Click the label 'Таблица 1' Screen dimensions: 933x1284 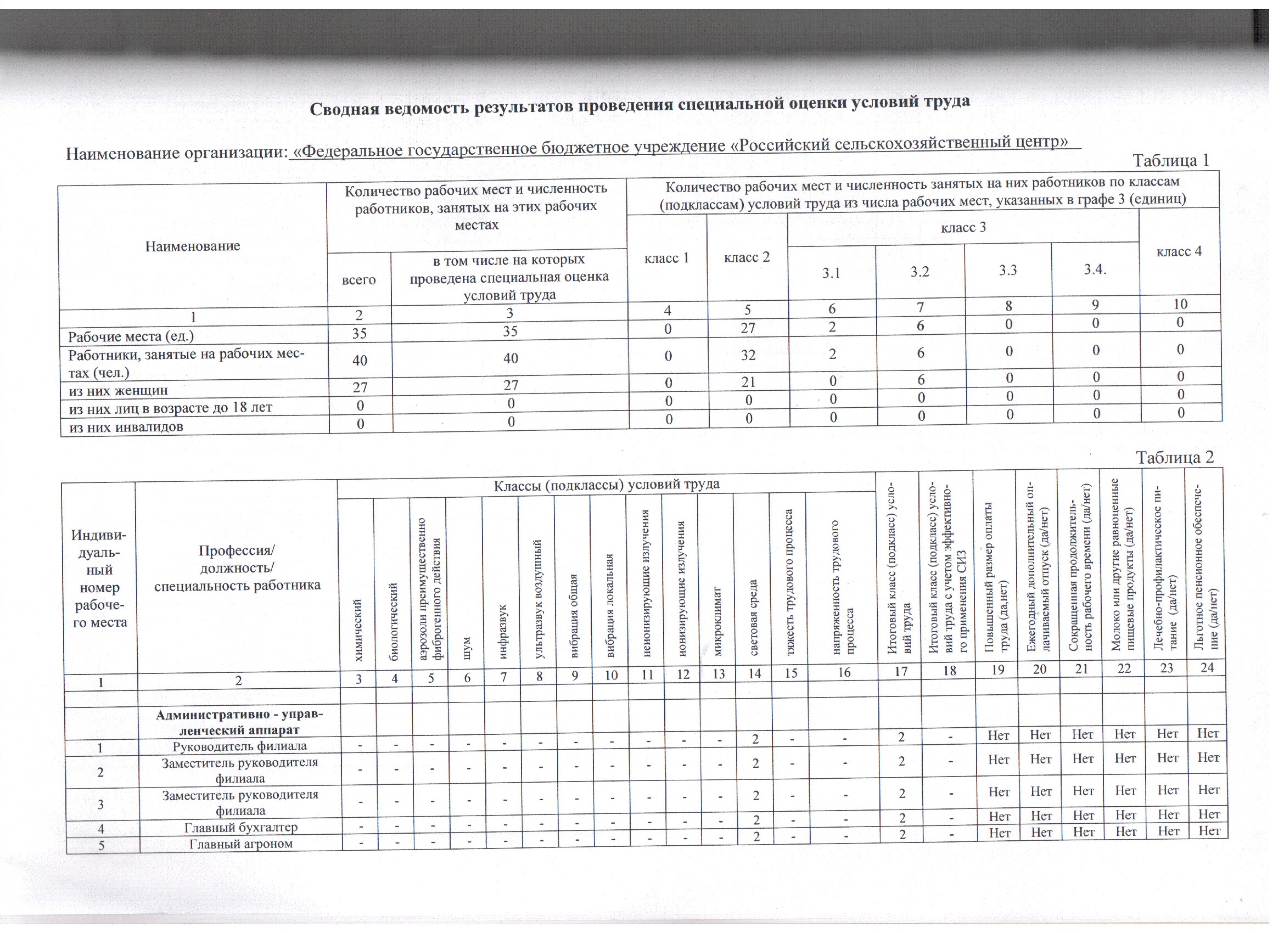[x=1170, y=161]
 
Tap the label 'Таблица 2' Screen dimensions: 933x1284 [x=1175, y=457]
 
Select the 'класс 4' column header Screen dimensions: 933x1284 [x=1179, y=251]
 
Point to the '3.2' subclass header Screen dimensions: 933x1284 [x=919, y=272]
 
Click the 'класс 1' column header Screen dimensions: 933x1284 [x=666, y=258]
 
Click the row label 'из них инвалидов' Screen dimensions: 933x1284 [x=126, y=427]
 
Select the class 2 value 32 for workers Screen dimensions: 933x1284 [x=747, y=356]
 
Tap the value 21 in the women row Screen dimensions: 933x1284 [x=748, y=382]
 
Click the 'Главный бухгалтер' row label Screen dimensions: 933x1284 [x=240, y=827]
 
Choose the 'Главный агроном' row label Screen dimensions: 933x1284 [x=240, y=844]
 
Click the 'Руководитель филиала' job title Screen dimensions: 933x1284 [x=239, y=746]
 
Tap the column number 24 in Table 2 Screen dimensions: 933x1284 [x=1207, y=667]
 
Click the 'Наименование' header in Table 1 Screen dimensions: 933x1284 [x=193, y=246]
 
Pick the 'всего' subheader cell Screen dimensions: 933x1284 [x=359, y=280]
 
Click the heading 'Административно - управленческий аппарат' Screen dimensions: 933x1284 [x=239, y=722]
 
